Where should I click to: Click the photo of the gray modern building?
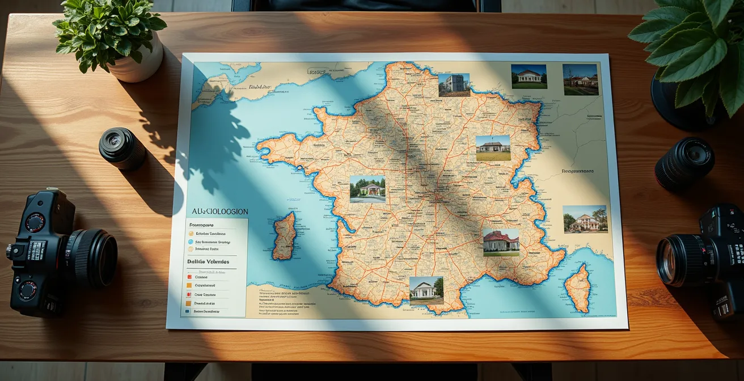point(454,85)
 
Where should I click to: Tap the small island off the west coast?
point(284,236)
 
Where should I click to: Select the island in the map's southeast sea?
point(578,288)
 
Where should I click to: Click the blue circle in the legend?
point(191,242)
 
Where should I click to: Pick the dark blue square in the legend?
point(188,311)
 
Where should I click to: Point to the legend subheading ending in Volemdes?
point(208,261)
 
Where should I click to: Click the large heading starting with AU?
point(219,211)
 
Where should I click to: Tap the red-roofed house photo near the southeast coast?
point(501,243)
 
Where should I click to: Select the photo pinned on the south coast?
point(426,290)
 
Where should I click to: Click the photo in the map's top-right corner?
point(580,79)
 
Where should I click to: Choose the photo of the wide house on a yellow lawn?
point(493,148)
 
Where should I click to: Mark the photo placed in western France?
point(367,189)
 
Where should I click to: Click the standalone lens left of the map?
point(122,148)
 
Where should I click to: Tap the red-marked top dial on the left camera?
point(35,222)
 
